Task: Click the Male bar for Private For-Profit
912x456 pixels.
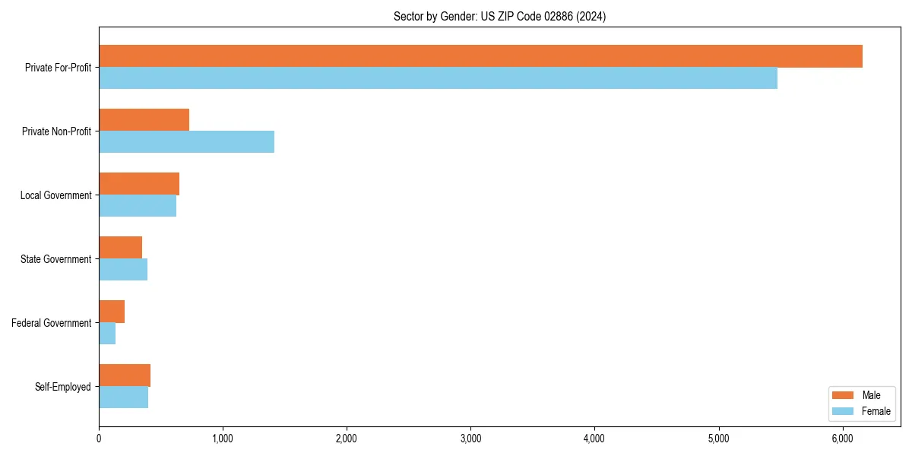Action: point(480,56)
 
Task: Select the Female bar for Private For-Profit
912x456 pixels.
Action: point(438,78)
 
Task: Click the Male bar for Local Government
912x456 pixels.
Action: point(139,184)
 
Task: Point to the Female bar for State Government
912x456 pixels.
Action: point(123,270)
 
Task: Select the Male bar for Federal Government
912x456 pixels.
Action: point(112,312)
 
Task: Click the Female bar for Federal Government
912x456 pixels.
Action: point(107,334)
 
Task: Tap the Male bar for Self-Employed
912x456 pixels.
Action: point(125,375)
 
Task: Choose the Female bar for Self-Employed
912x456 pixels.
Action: point(123,397)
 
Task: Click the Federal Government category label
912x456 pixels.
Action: point(52,323)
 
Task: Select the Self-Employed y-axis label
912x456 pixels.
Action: point(63,387)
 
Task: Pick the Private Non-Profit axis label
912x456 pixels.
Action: point(56,131)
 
